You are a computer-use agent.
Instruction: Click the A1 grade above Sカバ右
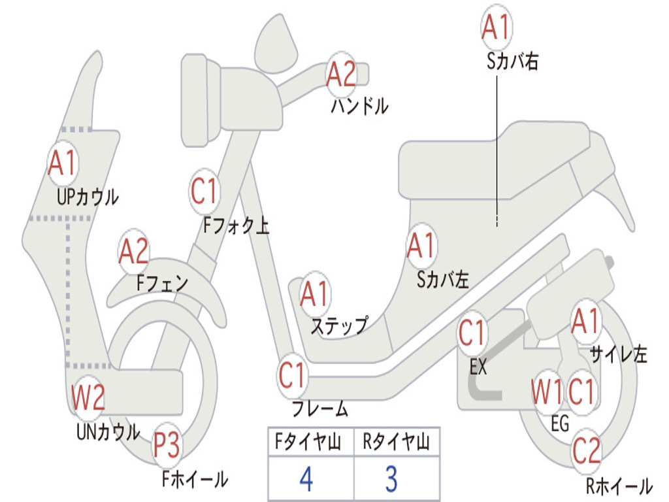(x=495, y=27)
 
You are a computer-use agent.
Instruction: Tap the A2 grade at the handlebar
(x=341, y=74)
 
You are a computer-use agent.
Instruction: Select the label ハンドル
(x=359, y=106)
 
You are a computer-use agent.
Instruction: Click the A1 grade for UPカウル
(x=63, y=163)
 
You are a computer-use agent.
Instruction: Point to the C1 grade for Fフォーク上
(x=204, y=192)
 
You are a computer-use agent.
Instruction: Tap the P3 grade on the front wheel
(x=167, y=446)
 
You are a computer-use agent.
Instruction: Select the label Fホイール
(x=195, y=480)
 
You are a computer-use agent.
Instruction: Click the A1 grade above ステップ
(x=314, y=295)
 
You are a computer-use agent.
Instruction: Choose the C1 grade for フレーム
(x=292, y=376)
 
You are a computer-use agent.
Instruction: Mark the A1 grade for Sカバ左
(x=421, y=246)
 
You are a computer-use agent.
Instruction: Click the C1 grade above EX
(x=472, y=333)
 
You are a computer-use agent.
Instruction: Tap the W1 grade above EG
(x=547, y=392)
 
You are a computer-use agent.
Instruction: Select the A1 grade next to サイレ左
(x=585, y=320)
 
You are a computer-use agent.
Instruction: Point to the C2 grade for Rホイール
(x=587, y=450)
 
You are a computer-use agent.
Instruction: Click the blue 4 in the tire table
(x=306, y=479)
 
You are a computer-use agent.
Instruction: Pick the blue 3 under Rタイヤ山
(x=391, y=479)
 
